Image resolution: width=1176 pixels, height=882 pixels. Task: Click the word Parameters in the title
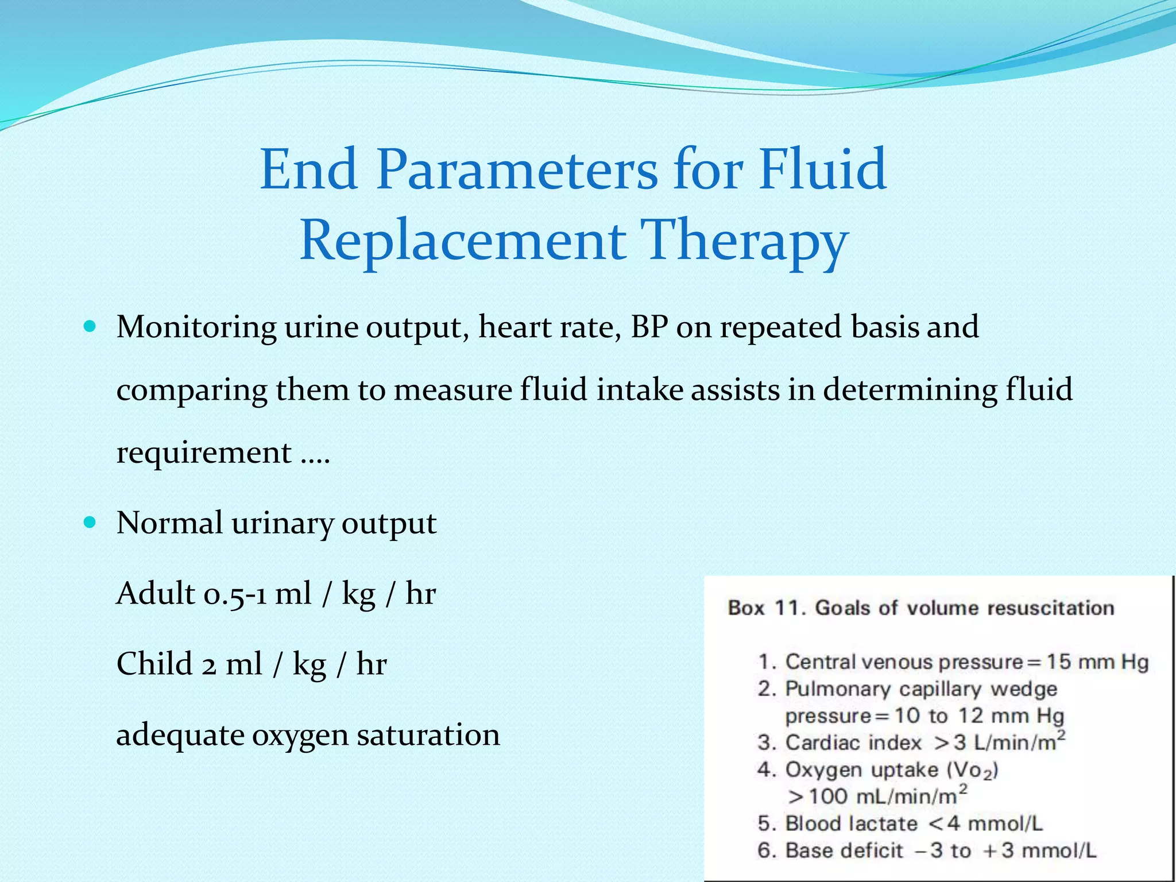(x=517, y=170)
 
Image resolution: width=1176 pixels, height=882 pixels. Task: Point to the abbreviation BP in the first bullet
(x=649, y=327)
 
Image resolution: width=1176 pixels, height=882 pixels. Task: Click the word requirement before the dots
(x=204, y=452)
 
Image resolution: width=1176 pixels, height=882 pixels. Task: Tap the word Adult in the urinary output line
(x=156, y=593)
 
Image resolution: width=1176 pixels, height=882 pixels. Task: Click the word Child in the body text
(x=154, y=664)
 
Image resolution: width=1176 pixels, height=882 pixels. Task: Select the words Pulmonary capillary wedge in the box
(x=920, y=689)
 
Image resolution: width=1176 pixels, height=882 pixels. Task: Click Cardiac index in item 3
(x=853, y=743)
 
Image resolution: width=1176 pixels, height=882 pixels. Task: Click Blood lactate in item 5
(x=851, y=824)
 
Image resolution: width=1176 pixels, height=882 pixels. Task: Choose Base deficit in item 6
(x=844, y=850)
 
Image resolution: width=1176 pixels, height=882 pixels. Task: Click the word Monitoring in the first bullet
(x=196, y=327)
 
